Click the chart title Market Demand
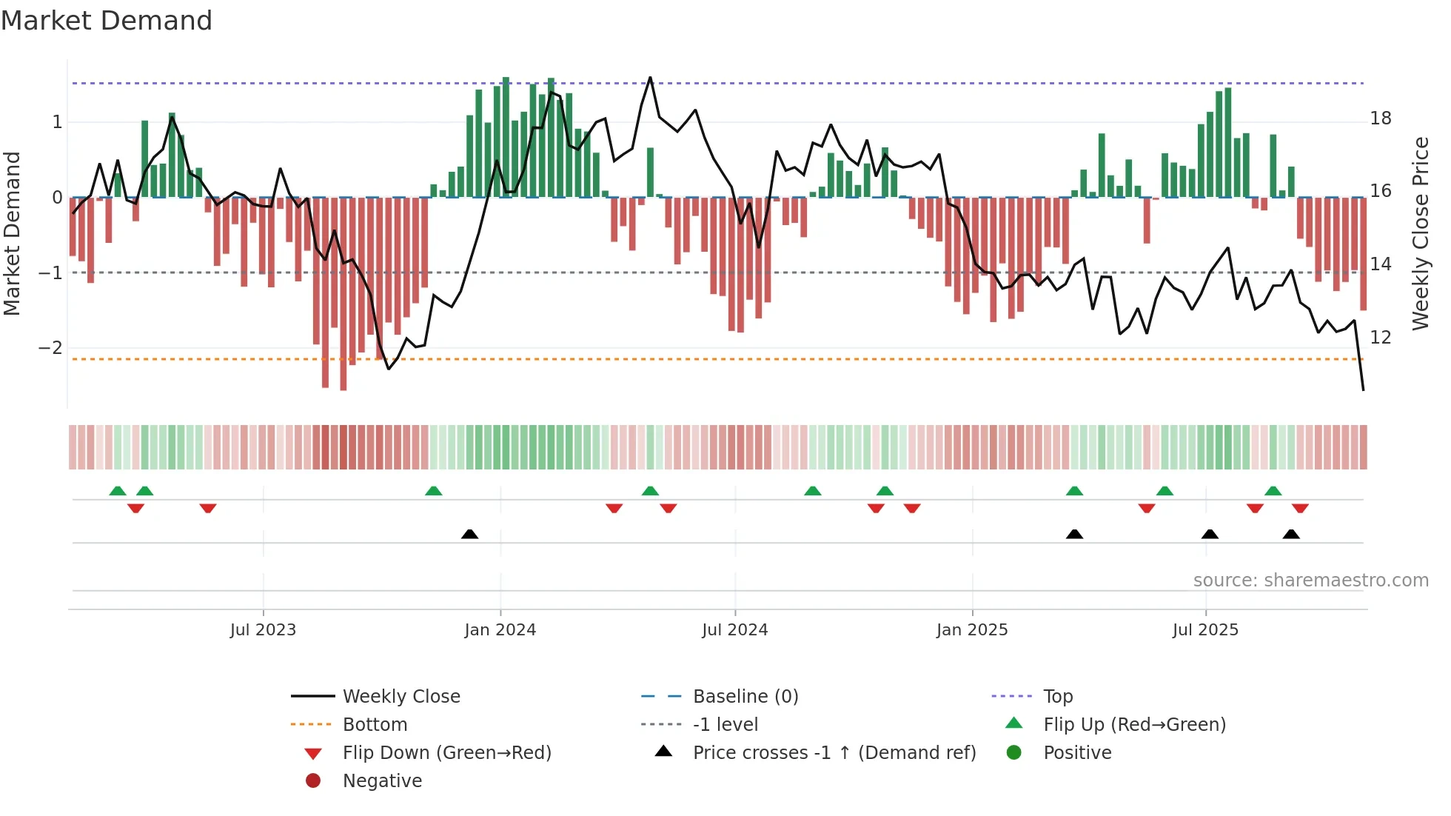pyautogui.click(x=107, y=21)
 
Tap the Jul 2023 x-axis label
pyautogui.click(x=263, y=630)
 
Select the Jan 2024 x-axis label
pyautogui.click(x=500, y=630)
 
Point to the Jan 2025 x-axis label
pyautogui.click(x=971, y=630)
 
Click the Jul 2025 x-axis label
pyautogui.click(x=1205, y=630)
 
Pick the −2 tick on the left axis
pyautogui.click(x=50, y=348)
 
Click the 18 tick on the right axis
pyautogui.click(x=1381, y=118)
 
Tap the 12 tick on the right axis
pyautogui.click(x=1381, y=338)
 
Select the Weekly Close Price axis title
pyautogui.click(x=1420, y=233)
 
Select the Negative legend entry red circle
pyautogui.click(x=313, y=781)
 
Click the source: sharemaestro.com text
pyautogui.click(x=1310, y=581)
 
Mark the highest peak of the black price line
pyautogui.click(x=650, y=77)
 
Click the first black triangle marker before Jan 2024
pyautogui.click(x=469, y=534)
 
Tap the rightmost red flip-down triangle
pyautogui.click(x=1300, y=508)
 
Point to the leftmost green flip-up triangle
pyautogui.click(x=118, y=491)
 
